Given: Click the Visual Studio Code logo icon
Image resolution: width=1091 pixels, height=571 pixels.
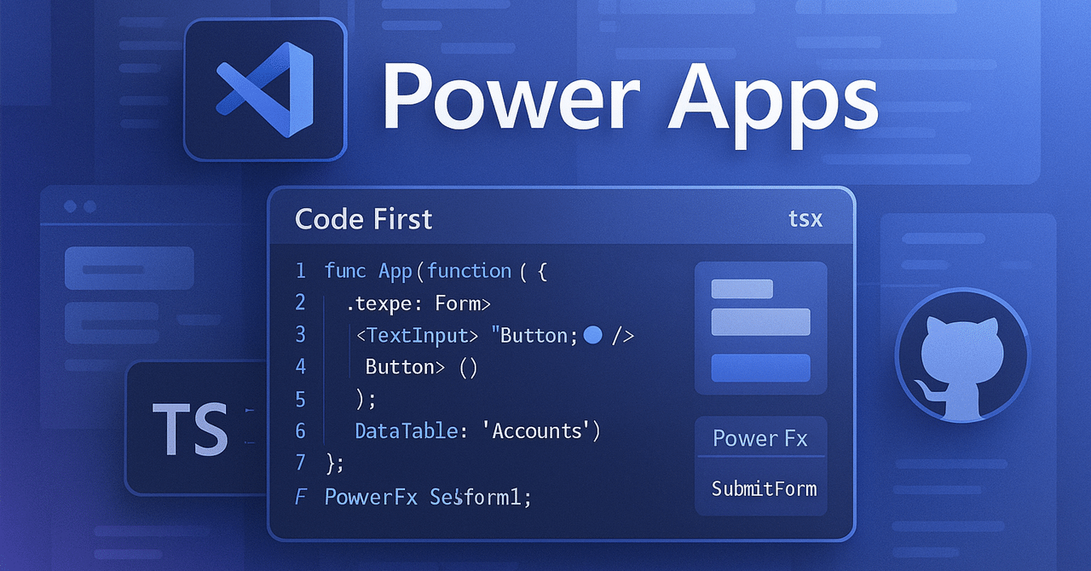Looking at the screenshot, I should [x=265, y=89].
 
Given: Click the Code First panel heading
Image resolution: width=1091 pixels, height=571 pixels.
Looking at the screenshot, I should [x=363, y=219].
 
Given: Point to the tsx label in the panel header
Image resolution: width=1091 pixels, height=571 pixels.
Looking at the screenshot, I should [x=805, y=218].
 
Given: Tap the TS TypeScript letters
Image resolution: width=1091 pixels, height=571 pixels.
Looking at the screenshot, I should [x=190, y=428].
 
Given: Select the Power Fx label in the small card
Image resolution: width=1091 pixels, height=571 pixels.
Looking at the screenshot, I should [x=759, y=439].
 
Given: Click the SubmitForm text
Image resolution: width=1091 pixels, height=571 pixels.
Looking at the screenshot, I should [x=764, y=488].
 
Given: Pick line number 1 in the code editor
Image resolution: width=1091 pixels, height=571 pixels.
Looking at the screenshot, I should [x=300, y=271].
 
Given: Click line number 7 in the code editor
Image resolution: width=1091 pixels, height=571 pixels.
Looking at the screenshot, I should [x=300, y=463].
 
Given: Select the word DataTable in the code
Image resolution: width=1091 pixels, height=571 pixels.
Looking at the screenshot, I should [x=406, y=431].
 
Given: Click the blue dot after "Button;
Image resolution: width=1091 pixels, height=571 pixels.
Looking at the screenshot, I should [x=593, y=335].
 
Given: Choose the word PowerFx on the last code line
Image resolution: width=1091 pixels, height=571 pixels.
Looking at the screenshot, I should [x=371, y=497].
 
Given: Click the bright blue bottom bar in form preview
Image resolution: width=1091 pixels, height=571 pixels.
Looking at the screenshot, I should [x=760, y=368].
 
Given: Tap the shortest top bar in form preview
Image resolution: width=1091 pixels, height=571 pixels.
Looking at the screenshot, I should [x=742, y=289].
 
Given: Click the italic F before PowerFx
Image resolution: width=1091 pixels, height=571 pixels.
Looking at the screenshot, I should [x=300, y=497].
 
